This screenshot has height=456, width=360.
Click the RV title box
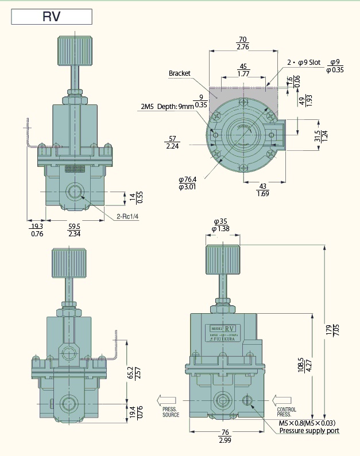[x=52, y=16]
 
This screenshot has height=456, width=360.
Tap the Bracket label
[x=179, y=73]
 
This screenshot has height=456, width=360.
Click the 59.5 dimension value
[x=74, y=226]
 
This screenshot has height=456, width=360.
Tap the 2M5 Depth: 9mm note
[x=163, y=106]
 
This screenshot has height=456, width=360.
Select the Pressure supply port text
[x=309, y=431]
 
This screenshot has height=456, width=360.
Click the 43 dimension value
[x=262, y=187]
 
